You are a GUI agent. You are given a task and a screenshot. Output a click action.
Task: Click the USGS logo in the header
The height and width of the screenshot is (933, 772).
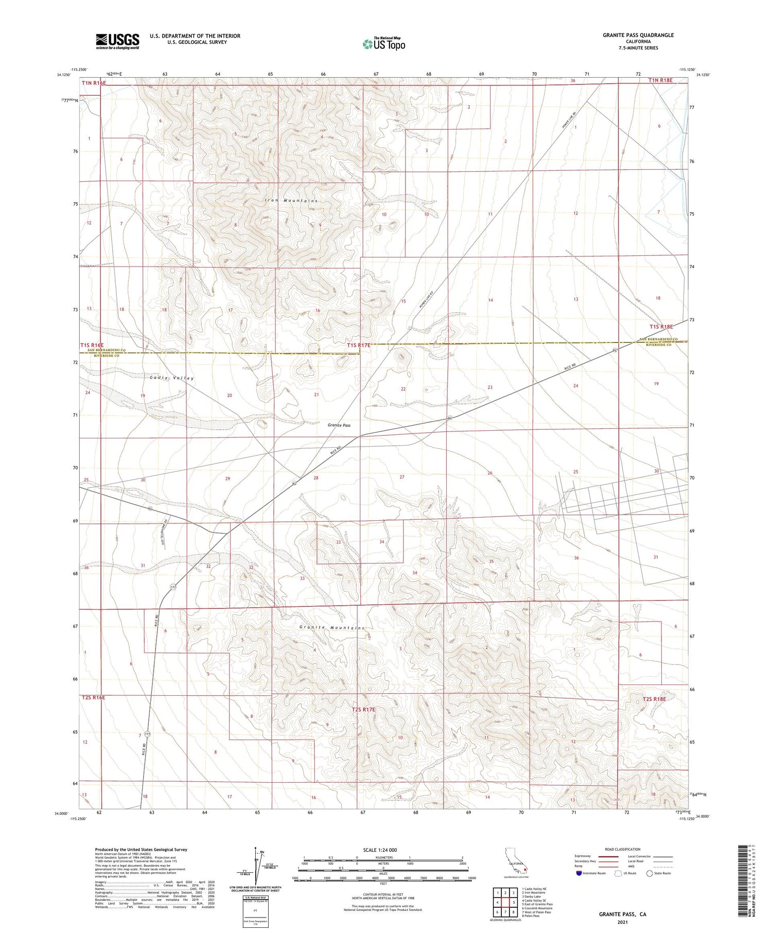(117, 41)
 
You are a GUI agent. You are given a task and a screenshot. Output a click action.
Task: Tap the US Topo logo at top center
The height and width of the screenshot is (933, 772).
(384, 44)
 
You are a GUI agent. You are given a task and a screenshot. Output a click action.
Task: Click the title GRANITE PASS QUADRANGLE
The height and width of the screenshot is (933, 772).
(638, 35)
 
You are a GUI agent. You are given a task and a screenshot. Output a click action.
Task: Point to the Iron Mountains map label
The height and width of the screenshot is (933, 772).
(291, 201)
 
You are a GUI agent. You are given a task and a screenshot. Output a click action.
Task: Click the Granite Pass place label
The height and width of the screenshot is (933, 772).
(339, 425)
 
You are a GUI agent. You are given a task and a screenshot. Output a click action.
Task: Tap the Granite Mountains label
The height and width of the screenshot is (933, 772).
(332, 627)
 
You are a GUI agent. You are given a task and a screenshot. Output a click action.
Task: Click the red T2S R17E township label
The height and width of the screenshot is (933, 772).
(364, 710)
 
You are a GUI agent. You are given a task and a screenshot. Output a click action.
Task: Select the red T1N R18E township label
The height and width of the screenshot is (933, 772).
(660, 80)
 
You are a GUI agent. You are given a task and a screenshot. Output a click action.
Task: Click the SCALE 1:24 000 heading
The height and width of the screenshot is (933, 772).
(380, 850)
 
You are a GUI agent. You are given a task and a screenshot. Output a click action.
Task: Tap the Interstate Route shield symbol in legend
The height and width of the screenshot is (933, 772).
(579, 873)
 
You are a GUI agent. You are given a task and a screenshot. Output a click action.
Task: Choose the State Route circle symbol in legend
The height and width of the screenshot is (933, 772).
(650, 873)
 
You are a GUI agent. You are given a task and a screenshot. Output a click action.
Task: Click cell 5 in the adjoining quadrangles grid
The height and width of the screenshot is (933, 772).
(514, 903)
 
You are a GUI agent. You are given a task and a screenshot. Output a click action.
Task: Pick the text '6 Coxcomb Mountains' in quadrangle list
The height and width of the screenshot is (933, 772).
(537, 908)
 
